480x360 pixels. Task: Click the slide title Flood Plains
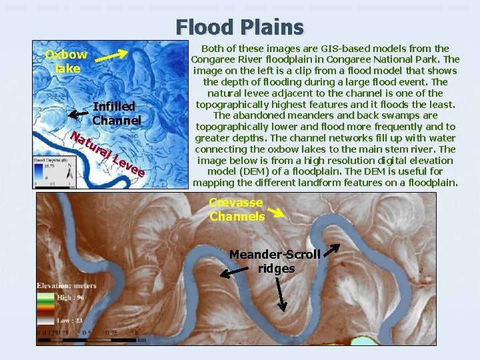[x=240, y=27]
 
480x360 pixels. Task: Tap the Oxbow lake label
[x=66, y=61]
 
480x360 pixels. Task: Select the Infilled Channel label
[x=116, y=113]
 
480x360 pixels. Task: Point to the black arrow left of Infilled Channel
[x=78, y=115]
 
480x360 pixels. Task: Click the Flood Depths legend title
[x=51, y=161]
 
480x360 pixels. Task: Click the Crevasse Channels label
[x=237, y=209]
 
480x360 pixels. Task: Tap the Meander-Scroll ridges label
[x=275, y=261]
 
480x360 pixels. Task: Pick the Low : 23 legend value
[x=70, y=320]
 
